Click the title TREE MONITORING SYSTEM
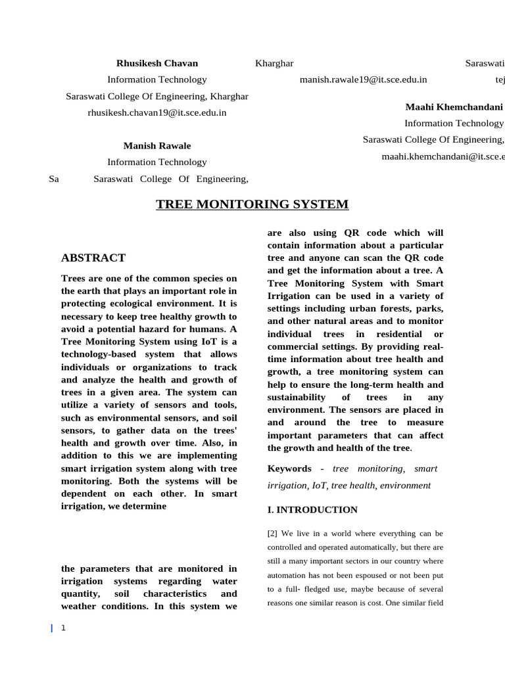tap(252, 204)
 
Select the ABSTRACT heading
tap(93, 258)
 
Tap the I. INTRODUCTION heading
tap(312, 509)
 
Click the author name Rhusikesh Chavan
tap(157, 63)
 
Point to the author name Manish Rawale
tap(157, 145)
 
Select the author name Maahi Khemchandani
tap(454, 106)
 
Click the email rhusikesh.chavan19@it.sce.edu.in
tap(157, 112)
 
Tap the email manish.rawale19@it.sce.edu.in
tap(363, 80)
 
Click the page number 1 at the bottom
tap(63, 628)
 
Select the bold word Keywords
tap(289, 469)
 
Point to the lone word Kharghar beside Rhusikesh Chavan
tap(274, 63)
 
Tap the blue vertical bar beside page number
tap(52, 628)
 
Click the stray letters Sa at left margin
tap(54, 179)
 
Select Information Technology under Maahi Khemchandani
tap(454, 123)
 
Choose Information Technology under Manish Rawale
tap(157, 162)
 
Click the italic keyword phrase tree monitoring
tap(368, 469)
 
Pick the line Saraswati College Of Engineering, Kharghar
tap(157, 96)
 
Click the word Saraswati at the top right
tap(485, 63)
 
